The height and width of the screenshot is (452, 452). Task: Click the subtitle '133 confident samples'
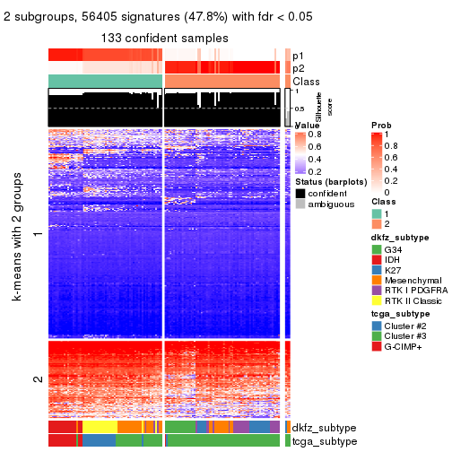(x=164, y=38)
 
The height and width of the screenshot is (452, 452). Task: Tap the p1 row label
(x=298, y=55)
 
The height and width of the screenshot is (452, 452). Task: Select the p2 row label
(x=298, y=68)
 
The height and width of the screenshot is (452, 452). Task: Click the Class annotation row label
(x=307, y=82)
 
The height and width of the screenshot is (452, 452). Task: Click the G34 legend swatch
(x=377, y=248)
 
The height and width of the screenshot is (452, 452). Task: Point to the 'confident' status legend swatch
(x=300, y=193)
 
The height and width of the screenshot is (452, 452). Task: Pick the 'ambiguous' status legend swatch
(x=300, y=204)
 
